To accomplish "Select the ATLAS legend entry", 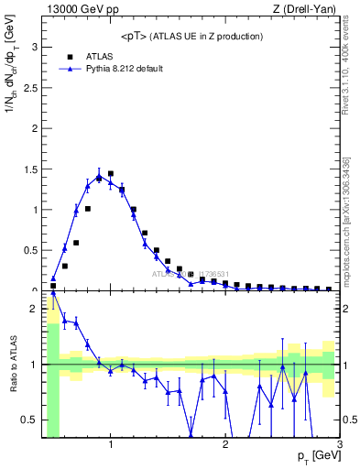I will (99, 56).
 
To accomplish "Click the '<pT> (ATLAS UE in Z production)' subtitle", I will (191, 36).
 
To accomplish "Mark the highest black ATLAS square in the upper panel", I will (111, 173).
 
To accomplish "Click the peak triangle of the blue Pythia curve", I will (99, 176).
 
